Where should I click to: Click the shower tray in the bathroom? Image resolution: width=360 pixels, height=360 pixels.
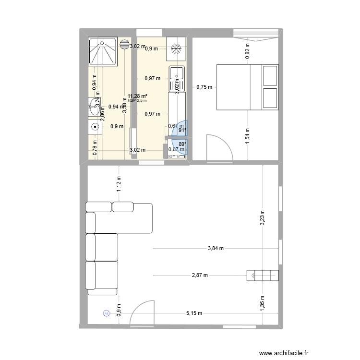pos(102,51)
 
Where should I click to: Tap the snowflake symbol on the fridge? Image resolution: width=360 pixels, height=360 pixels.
pos(176,48)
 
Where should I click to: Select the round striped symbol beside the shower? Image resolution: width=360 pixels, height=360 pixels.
pos(125,44)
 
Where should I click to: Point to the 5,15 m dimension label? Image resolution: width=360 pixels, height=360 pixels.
pos(194,313)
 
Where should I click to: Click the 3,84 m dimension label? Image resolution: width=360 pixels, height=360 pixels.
pos(216,249)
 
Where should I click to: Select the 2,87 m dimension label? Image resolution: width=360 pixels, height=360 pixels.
pos(199,276)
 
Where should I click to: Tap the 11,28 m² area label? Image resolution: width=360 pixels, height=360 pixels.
pos(137,96)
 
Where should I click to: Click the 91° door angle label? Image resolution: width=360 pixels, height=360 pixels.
pos(182,130)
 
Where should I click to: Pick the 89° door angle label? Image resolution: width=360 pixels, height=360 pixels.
pos(182,144)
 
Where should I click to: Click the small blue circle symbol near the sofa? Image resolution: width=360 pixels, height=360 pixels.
pos(106,313)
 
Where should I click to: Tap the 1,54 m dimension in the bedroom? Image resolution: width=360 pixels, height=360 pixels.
pos(247,136)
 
